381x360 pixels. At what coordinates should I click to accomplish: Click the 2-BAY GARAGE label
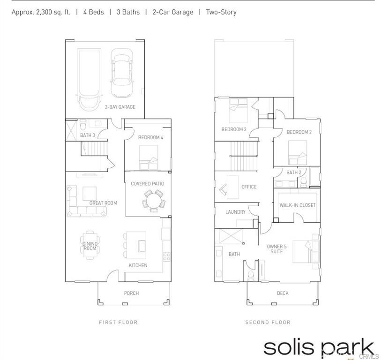pos(120,107)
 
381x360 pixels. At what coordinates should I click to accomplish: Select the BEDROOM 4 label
pos(150,137)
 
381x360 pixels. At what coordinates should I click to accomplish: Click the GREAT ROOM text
pos(103,203)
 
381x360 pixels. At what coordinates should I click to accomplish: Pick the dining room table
pos(90,245)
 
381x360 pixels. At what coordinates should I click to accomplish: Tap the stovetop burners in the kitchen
pos(166,257)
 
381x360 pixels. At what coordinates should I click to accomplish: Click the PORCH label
pos(132,293)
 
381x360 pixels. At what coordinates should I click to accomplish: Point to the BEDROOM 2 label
pos(299,132)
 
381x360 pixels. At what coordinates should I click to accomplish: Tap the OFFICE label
pos(249,187)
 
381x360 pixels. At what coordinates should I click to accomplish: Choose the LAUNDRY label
pos(235,212)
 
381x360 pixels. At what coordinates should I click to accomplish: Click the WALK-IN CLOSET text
pos(298,205)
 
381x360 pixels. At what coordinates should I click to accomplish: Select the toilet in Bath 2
pos(304,181)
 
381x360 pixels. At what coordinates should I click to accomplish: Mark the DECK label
pos(283,293)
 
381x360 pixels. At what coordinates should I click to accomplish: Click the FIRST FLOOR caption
pos(119,322)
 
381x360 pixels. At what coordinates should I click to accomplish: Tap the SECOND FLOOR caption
pos(268,322)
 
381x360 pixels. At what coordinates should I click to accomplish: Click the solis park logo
pos(319,348)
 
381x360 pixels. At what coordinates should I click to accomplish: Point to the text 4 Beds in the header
pos(94,12)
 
